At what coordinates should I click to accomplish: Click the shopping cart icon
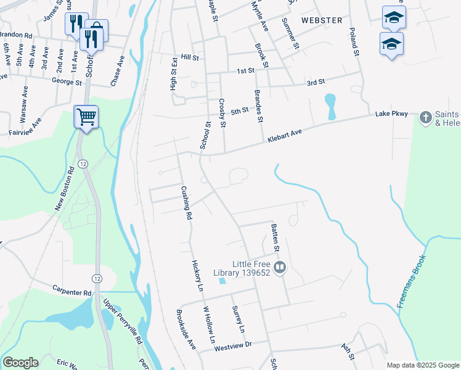(86, 115)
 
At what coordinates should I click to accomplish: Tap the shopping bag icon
(96, 30)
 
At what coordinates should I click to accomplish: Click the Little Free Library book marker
(280, 267)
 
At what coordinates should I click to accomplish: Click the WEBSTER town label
(322, 20)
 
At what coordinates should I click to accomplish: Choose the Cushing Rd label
(186, 203)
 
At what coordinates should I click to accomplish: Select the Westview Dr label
(234, 347)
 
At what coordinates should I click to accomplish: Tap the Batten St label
(276, 238)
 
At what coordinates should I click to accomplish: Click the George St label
(67, 81)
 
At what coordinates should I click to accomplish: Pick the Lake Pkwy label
(391, 115)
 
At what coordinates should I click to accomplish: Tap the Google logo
(21, 363)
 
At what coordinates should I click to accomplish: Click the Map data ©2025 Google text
(422, 365)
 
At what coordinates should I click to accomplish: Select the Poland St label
(354, 42)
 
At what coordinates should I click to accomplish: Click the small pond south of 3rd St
(330, 106)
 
